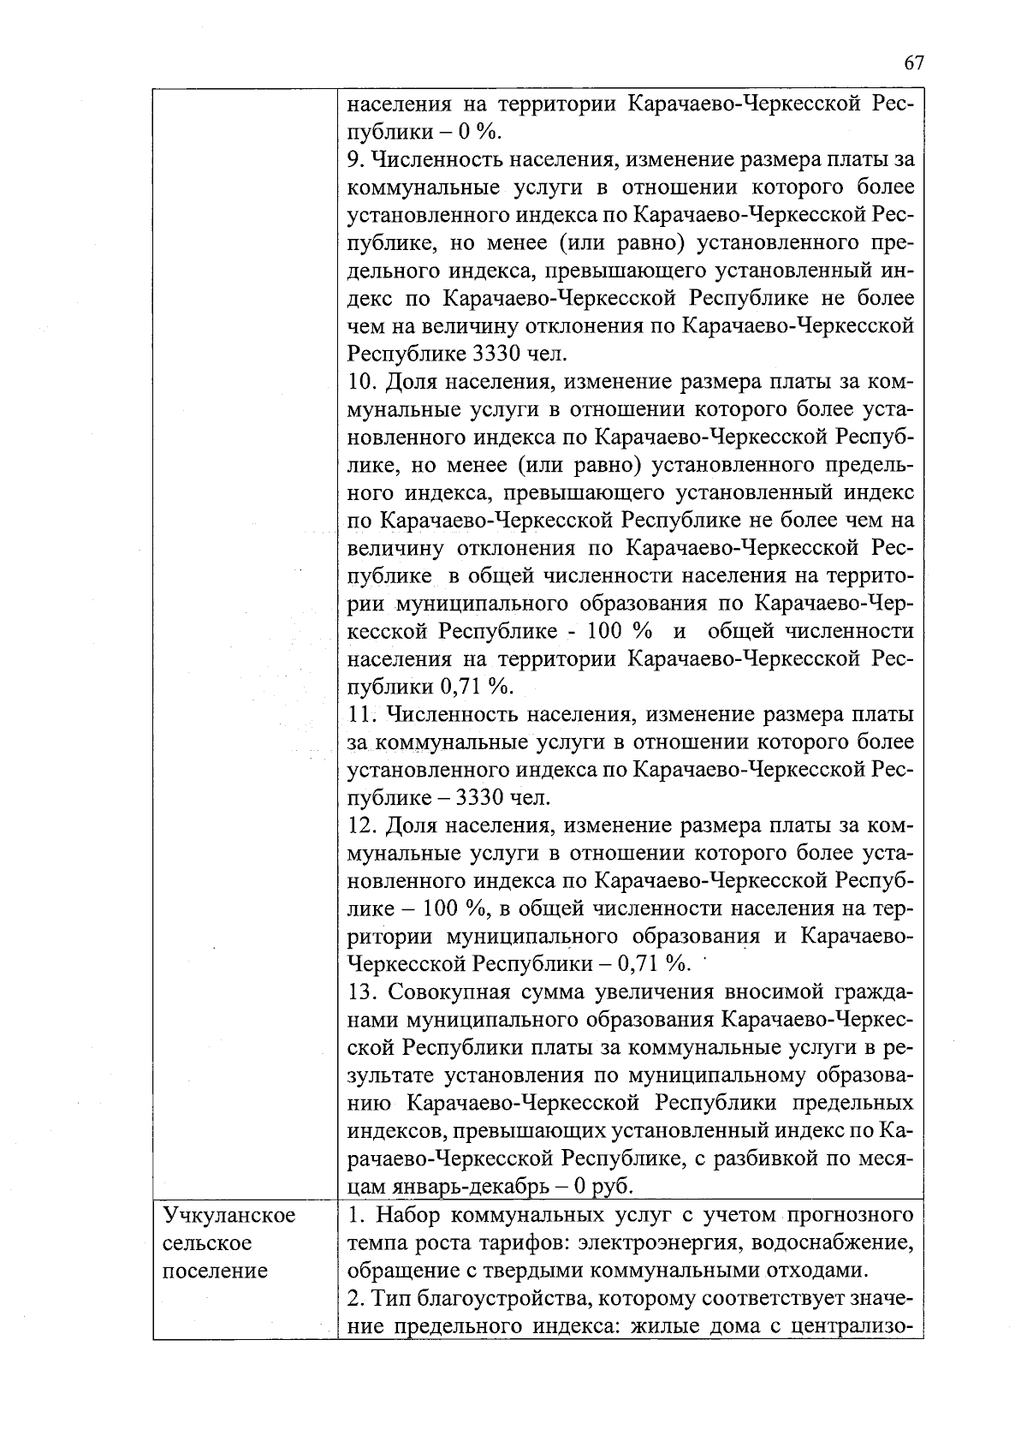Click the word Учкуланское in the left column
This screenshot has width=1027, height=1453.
point(229,1215)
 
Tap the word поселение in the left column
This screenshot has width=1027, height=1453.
point(215,1270)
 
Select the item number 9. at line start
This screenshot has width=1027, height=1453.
point(357,159)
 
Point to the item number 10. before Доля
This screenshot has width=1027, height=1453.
point(361,381)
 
